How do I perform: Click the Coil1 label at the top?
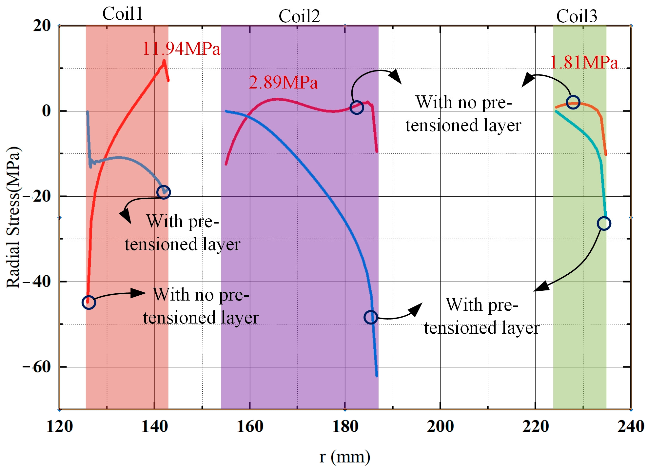123,14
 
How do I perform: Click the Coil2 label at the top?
299,16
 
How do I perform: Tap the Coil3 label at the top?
577,16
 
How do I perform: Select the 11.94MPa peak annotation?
181,49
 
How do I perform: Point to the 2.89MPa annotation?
283,82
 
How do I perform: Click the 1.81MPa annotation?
584,63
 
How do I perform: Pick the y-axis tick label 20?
42,26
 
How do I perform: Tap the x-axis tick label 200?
440,426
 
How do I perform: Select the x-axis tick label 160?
250,426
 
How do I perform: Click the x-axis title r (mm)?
345,457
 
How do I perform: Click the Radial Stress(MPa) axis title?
14,218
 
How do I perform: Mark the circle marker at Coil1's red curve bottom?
88,302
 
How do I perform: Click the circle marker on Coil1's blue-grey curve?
163,192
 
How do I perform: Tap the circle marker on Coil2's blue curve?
371,317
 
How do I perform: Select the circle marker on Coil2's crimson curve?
357,108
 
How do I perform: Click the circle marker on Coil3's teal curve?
604,224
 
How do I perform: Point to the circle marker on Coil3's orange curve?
573,102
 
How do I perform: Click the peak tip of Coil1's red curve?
164,60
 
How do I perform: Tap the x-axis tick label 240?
630,426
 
